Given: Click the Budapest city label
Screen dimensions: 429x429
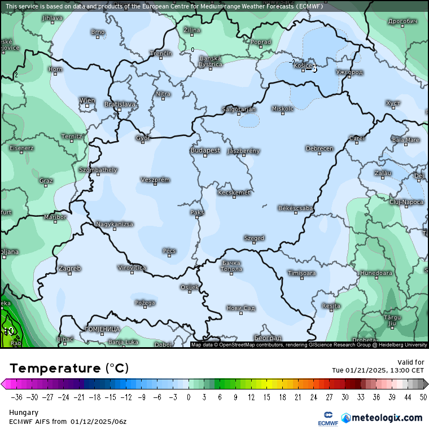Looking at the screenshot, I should pyautogui.click(x=205, y=150).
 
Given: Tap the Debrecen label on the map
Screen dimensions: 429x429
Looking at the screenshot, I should pyautogui.click(x=319, y=148).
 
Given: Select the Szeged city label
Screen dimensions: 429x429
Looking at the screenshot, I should pyautogui.click(x=254, y=238).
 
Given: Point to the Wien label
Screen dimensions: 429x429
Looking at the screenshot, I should pyautogui.click(x=87, y=100).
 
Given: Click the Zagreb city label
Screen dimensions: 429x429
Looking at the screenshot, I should pyautogui.click(x=69, y=268).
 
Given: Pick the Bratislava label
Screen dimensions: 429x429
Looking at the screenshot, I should pyautogui.click(x=120, y=104).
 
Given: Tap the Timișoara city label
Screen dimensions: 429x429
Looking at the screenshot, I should pyautogui.click(x=301, y=273).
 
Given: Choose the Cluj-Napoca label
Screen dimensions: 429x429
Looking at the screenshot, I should pyautogui.click(x=406, y=202).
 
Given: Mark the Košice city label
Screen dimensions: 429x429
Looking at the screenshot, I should pyautogui.click(x=303, y=65).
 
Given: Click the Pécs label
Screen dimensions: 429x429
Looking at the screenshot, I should pyautogui.click(x=169, y=251).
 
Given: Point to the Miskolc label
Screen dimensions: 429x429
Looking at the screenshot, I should pyautogui.click(x=283, y=108).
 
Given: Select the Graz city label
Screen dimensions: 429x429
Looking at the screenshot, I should pyautogui.click(x=46, y=181).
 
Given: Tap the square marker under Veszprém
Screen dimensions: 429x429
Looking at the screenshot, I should pyautogui.click(x=155, y=185).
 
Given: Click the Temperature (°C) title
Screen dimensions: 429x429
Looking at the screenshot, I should pyautogui.click(x=69, y=368).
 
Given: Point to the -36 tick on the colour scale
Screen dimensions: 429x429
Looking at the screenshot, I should pyautogui.click(x=16, y=397).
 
